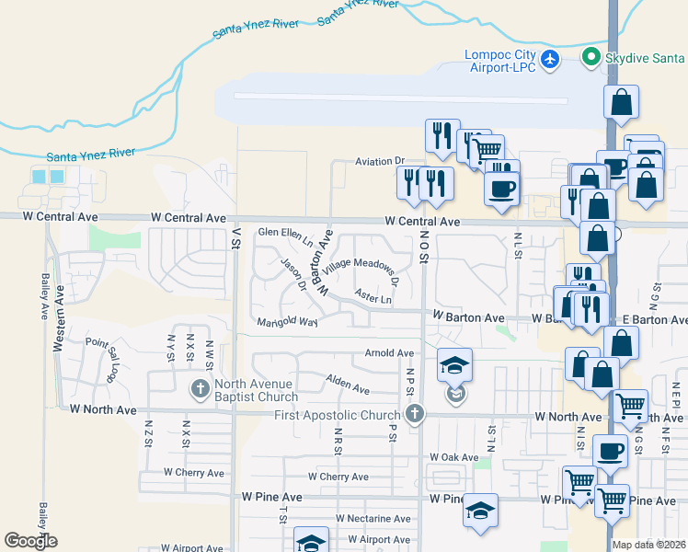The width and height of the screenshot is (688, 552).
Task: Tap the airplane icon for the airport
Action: [550, 60]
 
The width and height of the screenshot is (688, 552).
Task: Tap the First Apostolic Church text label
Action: [338, 415]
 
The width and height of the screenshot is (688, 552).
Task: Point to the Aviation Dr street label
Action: [380, 162]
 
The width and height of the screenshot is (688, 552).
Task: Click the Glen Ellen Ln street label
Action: [286, 236]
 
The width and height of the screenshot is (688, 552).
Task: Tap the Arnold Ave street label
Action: [389, 353]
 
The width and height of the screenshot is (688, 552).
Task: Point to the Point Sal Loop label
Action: [103, 355]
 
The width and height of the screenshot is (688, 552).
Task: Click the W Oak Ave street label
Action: [454, 457]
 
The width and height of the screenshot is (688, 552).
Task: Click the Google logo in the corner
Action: [30, 541]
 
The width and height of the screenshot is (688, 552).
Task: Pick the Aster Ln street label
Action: [373, 298]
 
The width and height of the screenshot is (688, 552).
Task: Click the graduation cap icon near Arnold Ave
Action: [454, 363]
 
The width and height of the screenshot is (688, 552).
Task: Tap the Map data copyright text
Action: [649, 545]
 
